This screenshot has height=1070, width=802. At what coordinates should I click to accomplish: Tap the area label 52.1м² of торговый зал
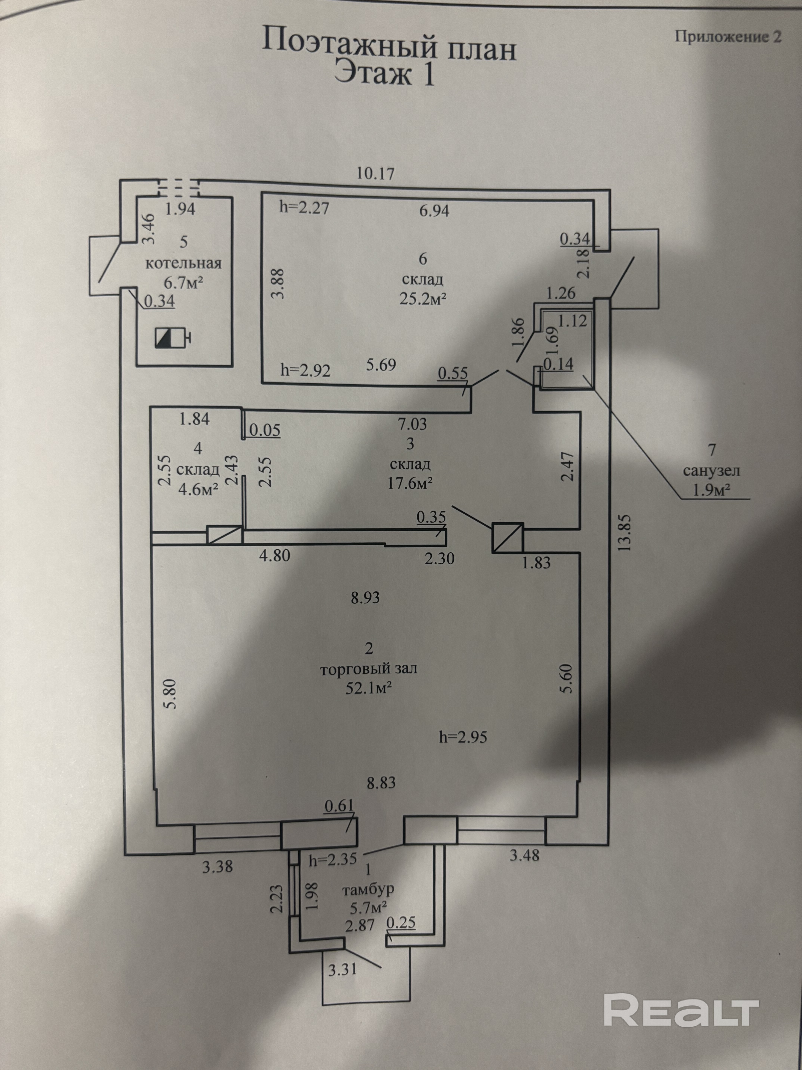point(368,688)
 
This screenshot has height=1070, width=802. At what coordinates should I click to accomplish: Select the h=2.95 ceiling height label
point(463,737)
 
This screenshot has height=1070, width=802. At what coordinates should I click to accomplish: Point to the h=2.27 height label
point(305,208)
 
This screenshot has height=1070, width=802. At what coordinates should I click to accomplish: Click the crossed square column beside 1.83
point(507,537)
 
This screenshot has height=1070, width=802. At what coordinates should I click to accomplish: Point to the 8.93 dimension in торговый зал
point(365,598)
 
